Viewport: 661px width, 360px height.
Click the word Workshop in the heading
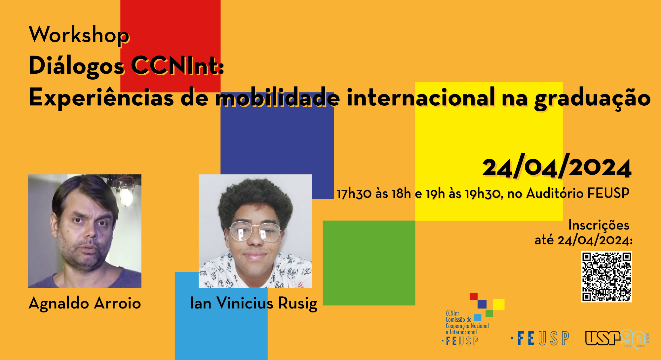click(79, 35)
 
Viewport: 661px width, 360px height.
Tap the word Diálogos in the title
click(76, 66)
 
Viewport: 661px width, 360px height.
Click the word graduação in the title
click(593, 98)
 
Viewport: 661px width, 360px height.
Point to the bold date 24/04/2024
click(557, 167)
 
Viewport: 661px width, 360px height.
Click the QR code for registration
click(606, 277)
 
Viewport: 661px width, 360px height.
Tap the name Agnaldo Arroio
click(85, 303)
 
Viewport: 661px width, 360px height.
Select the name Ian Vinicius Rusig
click(253, 304)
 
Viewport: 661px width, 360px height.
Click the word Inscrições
click(599, 225)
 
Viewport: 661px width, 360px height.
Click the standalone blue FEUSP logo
click(540, 339)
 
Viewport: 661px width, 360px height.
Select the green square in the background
click(369, 263)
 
